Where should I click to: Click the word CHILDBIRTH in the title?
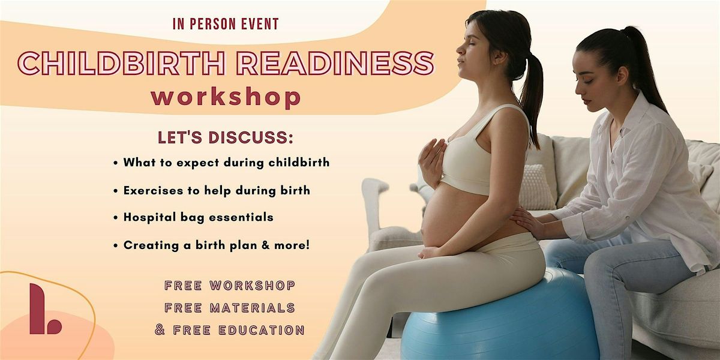coord(121,63)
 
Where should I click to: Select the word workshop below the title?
coord(226,97)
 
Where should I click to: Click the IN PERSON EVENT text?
coord(226,24)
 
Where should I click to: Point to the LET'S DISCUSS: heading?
coord(226,137)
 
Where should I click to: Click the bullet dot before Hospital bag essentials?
coord(116,218)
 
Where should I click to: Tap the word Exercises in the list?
coord(154,190)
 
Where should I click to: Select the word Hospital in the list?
coord(149,218)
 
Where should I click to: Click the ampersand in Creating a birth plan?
coord(265,245)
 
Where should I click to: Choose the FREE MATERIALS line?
coord(229,308)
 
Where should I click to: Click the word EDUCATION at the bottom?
coord(262,330)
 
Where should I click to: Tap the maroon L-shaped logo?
coord(45,308)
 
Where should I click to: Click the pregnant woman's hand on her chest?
coord(433,163)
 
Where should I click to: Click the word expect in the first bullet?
coord(197,163)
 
